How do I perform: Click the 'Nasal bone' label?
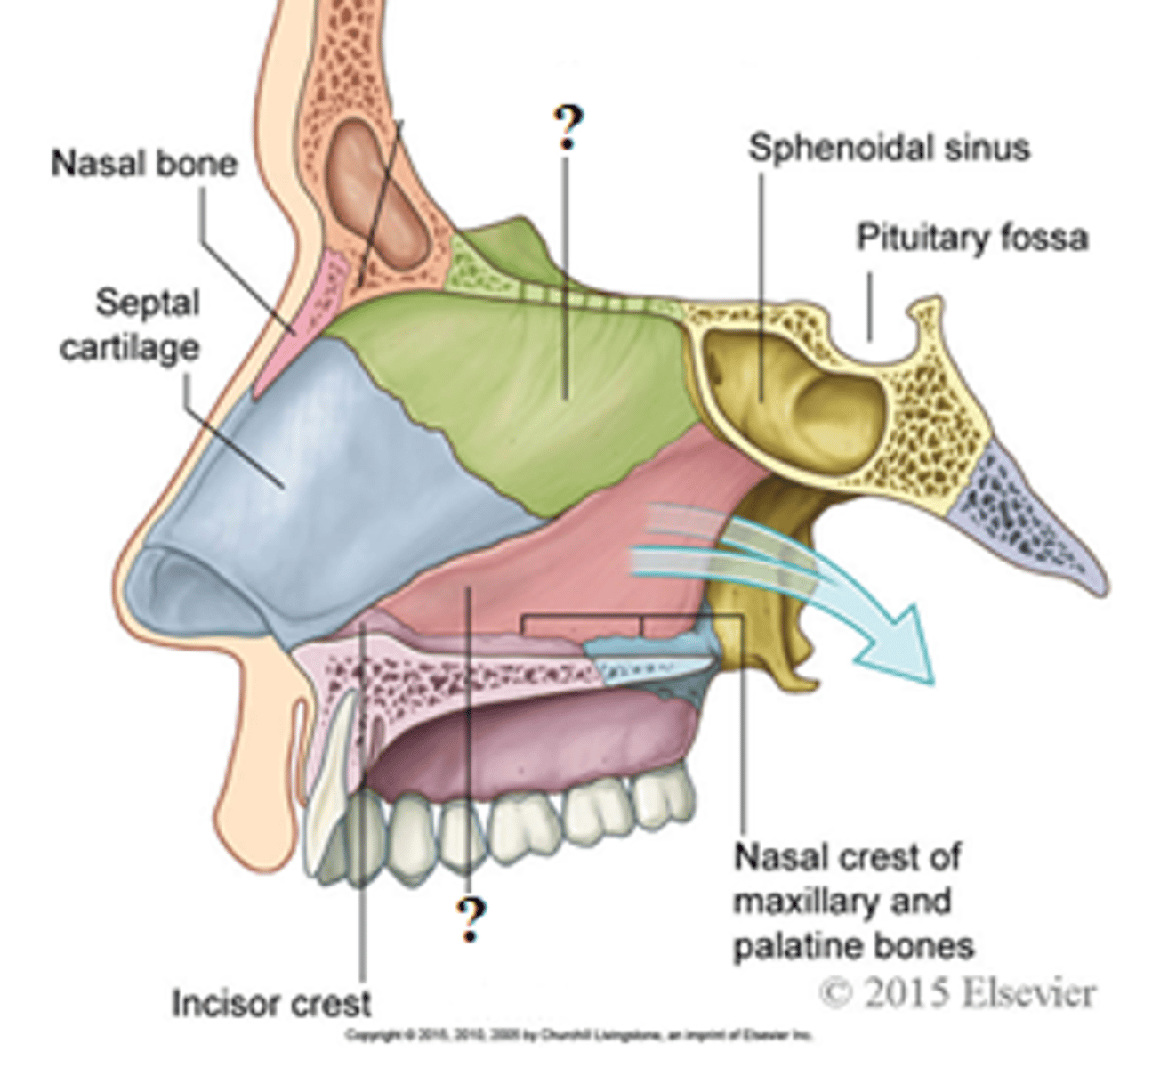[x=144, y=164]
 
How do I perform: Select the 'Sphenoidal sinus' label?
[x=889, y=148]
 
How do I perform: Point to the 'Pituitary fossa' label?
[x=972, y=239]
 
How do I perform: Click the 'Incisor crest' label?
[x=271, y=1004]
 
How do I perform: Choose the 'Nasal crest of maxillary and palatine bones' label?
[x=852, y=901]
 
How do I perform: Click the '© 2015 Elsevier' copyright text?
[x=956, y=991]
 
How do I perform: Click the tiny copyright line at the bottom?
[x=578, y=1034]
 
